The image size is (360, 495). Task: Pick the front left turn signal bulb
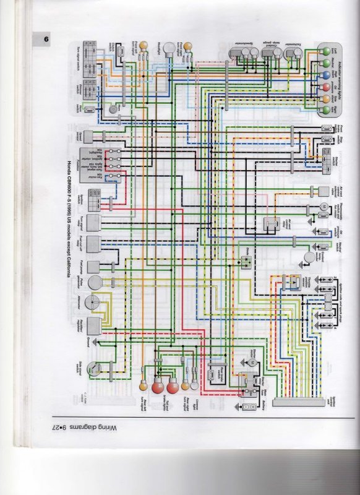[142, 46]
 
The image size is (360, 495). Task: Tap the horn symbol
[113, 109]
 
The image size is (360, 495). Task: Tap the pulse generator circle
[95, 282]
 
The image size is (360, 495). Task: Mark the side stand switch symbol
[93, 368]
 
